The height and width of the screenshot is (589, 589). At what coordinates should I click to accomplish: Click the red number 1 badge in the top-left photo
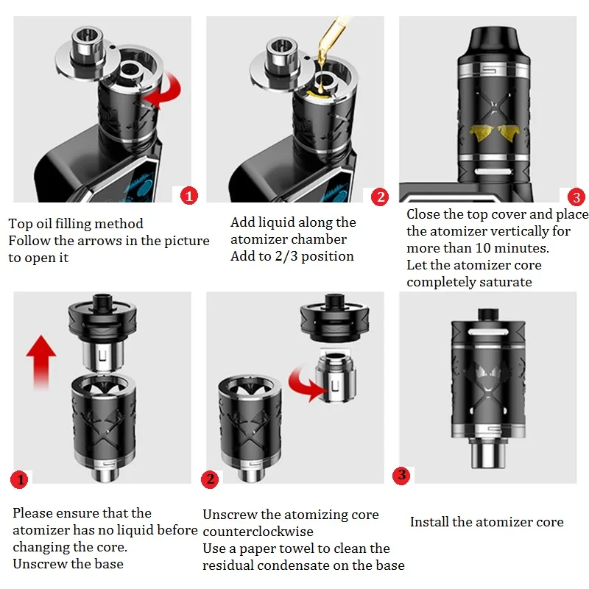coord(189,196)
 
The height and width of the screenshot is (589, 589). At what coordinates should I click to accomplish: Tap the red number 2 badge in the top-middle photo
coord(380,197)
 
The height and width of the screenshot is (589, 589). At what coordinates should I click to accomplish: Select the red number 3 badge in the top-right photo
coord(576,197)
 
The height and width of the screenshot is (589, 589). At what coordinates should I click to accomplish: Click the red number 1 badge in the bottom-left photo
coord(20,479)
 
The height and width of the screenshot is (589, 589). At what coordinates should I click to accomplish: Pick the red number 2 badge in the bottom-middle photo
coord(210,479)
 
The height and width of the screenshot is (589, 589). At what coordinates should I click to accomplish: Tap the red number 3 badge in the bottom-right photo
coord(401,475)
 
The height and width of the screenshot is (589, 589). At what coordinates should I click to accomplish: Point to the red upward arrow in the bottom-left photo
coord(41,361)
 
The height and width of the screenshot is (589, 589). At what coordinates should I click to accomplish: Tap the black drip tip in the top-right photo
coord(493,43)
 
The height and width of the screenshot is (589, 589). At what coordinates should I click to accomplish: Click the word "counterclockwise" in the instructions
coord(258,532)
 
